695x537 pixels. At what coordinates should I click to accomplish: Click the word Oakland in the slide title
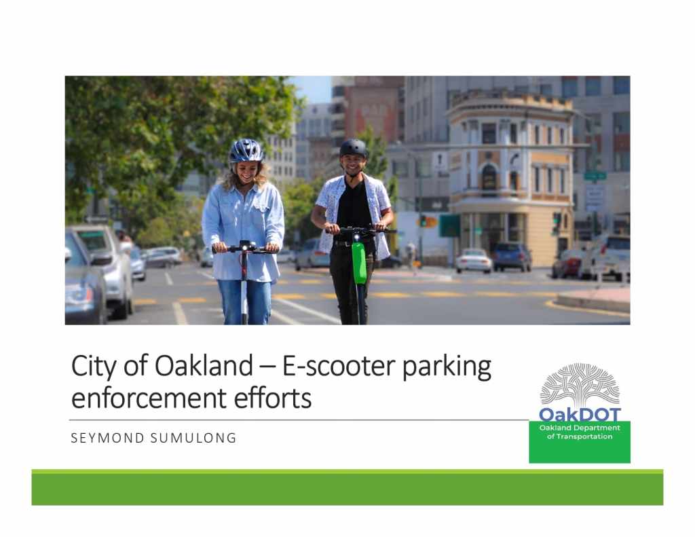(204, 366)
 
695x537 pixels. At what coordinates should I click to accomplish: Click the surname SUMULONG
(193, 438)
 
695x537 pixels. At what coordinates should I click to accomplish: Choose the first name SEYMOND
(108, 438)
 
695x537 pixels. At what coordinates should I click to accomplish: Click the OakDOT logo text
(580, 415)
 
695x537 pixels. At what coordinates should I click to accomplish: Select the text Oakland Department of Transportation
(580, 432)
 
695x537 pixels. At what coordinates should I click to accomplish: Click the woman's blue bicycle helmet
(246, 151)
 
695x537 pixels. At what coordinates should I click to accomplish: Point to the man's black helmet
(353, 148)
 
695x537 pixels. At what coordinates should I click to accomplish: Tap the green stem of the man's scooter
(359, 263)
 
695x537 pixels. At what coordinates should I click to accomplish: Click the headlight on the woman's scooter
(244, 245)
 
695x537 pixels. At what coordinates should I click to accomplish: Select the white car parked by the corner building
(474, 261)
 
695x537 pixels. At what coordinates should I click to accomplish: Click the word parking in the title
(447, 367)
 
